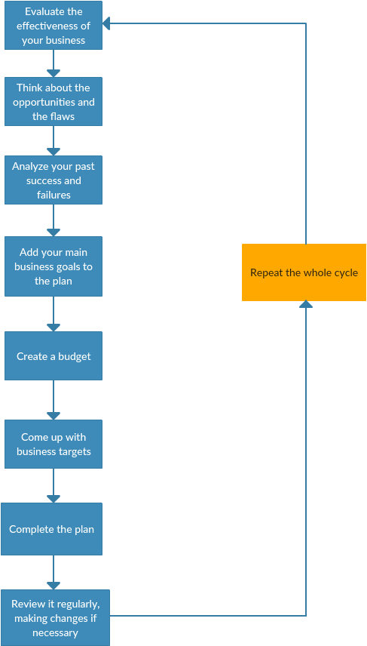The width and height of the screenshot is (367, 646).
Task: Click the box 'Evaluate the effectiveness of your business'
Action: tap(54, 25)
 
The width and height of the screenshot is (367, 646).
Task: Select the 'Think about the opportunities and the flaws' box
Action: tap(54, 101)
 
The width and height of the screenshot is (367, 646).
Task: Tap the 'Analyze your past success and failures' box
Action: tap(54, 180)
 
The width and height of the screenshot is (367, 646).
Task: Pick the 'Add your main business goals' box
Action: tap(54, 266)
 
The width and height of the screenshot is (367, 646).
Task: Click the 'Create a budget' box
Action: tap(54, 356)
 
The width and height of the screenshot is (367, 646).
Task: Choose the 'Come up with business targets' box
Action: tap(54, 444)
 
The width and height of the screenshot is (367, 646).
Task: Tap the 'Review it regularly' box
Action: tap(55, 617)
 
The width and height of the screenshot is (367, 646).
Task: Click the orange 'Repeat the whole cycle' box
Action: tap(304, 272)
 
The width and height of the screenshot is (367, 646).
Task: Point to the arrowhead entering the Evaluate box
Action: tap(106, 23)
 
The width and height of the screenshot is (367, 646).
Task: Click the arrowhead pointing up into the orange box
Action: tap(306, 304)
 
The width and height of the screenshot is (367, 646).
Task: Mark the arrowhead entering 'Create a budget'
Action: tap(54, 328)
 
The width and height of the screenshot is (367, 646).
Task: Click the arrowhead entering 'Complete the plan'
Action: tap(54, 499)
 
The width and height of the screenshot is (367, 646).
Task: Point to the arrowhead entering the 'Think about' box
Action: tap(54, 73)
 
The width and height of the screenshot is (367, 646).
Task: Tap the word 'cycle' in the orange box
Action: tap(347, 273)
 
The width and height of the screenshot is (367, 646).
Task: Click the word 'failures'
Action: tap(54, 195)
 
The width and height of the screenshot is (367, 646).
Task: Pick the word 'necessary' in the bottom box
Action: tap(56, 632)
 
